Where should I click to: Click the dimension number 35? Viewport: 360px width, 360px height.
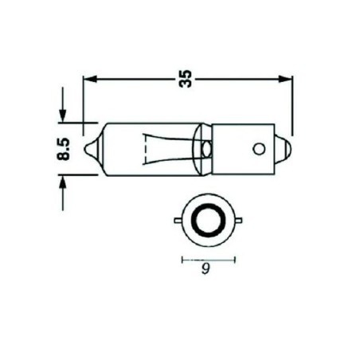[186, 78]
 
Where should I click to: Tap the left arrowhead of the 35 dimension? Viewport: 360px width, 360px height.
[89, 78]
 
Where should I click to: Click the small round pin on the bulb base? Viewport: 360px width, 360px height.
[257, 148]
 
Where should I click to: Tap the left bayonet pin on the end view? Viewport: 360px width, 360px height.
[179, 217]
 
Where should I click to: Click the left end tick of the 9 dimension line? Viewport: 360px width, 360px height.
[182, 259]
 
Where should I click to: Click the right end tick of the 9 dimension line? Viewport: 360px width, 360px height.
[237, 259]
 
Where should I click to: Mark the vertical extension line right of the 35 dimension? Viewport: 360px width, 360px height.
[292, 104]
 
